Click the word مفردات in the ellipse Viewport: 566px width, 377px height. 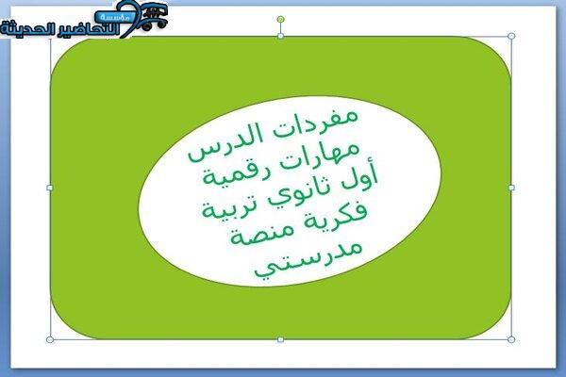pos(315,124)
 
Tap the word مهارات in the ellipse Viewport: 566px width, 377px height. pos(320,156)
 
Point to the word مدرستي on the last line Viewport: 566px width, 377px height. pos(308,259)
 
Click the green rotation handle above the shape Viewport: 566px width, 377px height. pos(280,19)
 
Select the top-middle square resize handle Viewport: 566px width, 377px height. pos(280,36)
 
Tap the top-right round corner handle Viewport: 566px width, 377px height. pos(511,36)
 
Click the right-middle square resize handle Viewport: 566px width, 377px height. pos(511,188)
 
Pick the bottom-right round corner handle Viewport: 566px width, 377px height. pos(511,339)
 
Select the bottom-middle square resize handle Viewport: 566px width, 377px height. pos(280,339)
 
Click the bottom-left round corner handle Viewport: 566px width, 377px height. pos(50,339)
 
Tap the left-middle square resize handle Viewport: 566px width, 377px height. pos(50,188)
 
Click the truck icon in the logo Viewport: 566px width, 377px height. pos(155,17)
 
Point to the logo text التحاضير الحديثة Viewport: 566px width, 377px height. pos(60,29)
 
